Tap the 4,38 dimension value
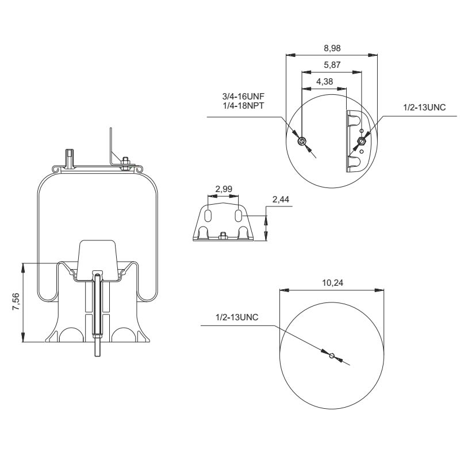pos(325,82)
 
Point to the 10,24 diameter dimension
pos(331,283)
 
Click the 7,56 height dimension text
pos(16,302)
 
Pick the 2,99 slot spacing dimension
pos(224,189)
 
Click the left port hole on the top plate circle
pos(302,141)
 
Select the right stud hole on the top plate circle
pos(361,141)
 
